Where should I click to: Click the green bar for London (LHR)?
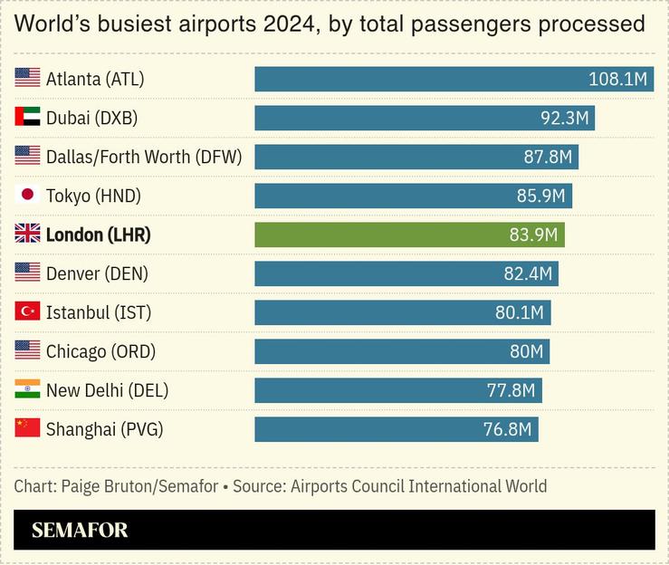(x=409, y=235)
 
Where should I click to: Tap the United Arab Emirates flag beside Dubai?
(x=27, y=118)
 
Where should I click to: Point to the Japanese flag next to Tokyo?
(x=27, y=196)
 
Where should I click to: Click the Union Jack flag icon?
(x=27, y=235)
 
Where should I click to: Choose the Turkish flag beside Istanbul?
(x=27, y=312)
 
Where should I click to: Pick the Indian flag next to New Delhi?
(x=27, y=390)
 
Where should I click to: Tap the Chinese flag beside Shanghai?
(x=27, y=429)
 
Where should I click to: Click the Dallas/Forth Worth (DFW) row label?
(x=144, y=157)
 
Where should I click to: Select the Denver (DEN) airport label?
(x=97, y=273)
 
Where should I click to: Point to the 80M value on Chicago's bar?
(x=526, y=351)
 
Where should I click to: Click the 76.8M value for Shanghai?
(x=507, y=429)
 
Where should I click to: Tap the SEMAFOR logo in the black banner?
(x=80, y=531)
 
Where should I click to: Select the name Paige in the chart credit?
(x=82, y=486)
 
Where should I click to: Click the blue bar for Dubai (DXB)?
(x=424, y=118)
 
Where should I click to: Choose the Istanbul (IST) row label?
(x=99, y=312)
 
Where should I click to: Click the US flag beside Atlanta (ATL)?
(x=27, y=79)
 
